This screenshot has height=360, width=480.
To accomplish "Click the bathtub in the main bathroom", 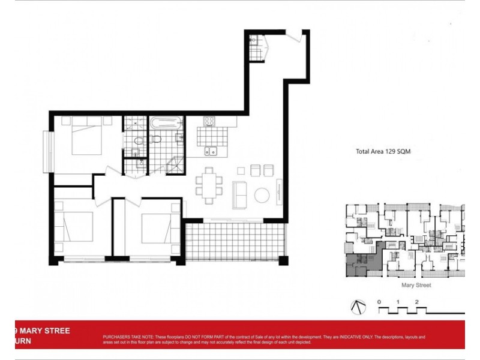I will pyautogui.click(x=165, y=123).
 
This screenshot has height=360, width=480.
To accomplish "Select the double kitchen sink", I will pyautogui.click(x=211, y=151).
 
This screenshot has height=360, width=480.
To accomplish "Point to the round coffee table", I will pyautogui.click(x=262, y=196).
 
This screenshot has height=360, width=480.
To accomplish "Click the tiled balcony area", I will pyautogui.click(x=235, y=241).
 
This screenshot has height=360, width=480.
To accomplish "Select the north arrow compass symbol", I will pyautogui.click(x=357, y=306).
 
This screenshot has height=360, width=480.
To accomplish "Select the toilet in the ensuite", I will pyautogui.click(x=138, y=142).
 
